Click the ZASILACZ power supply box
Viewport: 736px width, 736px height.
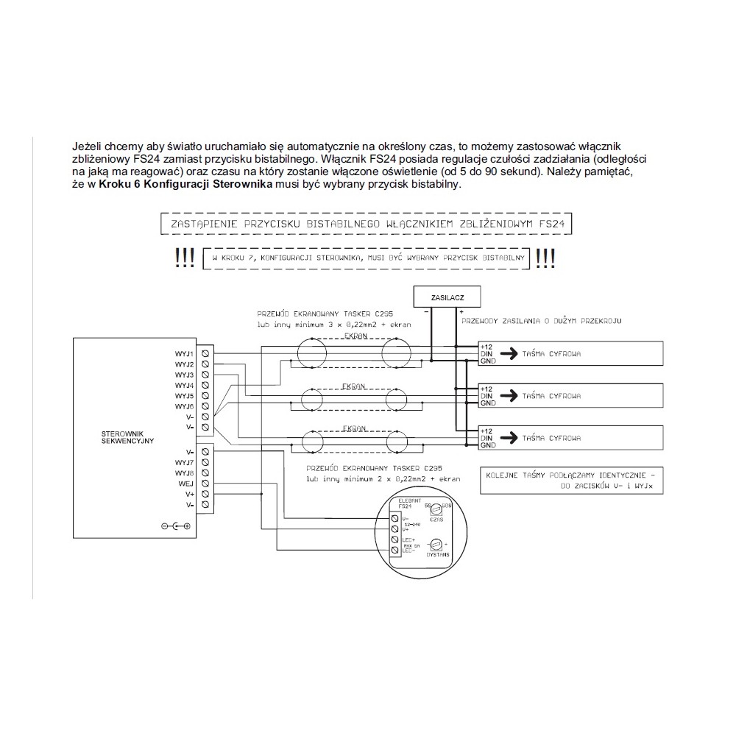point(448,297)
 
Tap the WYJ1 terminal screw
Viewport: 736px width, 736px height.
point(204,354)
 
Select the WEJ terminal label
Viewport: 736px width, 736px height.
point(185,484)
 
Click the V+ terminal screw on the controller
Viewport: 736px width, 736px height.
point(204,495)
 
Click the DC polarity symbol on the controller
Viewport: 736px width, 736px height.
point(176,526)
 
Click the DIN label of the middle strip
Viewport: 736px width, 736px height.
point(485,395)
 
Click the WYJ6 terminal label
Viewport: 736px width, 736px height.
point(184,406)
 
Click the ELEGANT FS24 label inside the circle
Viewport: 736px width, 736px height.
point(406,503)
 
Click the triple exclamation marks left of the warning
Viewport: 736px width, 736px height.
point(185,258)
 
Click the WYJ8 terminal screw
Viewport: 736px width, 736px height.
point(204,473)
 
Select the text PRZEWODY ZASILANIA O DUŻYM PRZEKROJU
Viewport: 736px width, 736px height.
point(541,322)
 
